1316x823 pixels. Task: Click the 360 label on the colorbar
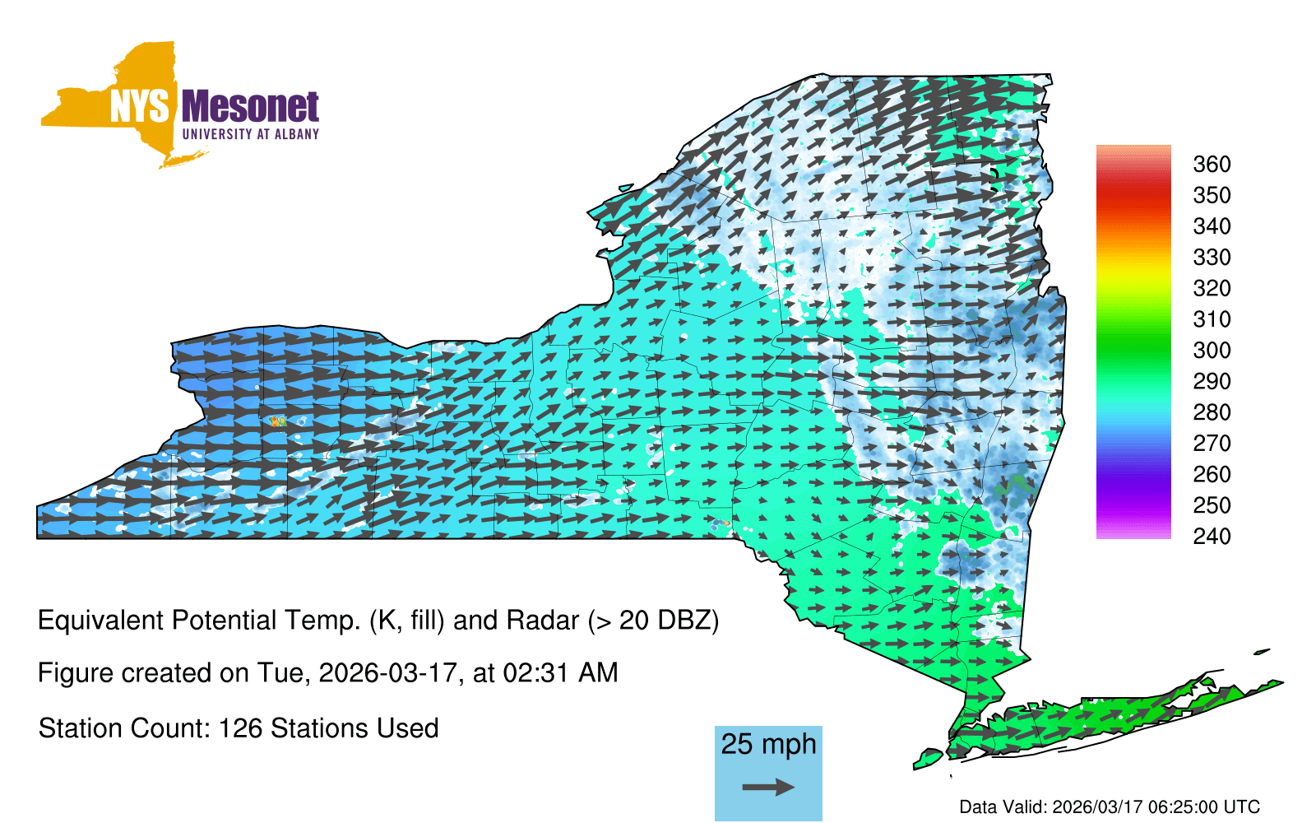pyautogui.click(x=1212, y=164)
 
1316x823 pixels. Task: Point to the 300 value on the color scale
pyautogui.click(x=1212, y=351)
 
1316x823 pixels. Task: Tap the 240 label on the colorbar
pyautogui.click(x=1212, y=536)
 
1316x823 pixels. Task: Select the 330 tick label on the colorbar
pyautogui.click(x=1212, y=257)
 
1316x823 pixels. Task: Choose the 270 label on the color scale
pyautogui.click(x=1212, y=444)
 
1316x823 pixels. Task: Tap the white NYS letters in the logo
pyautogui.click(x=139, y=107)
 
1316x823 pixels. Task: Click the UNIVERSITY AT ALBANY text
pyautogui.click(x=251, y=134)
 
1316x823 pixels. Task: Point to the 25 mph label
pyautogui.click(x=768, y=745)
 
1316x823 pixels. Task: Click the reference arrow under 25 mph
pyautogui.click(x=768, y=787)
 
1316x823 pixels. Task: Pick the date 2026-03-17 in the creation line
pyautogui.click(x=387, y=673)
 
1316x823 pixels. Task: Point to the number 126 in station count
pyautogui.click(x=239, y=728)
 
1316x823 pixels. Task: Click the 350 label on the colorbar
pyautogui.click(x=1212, y=195)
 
